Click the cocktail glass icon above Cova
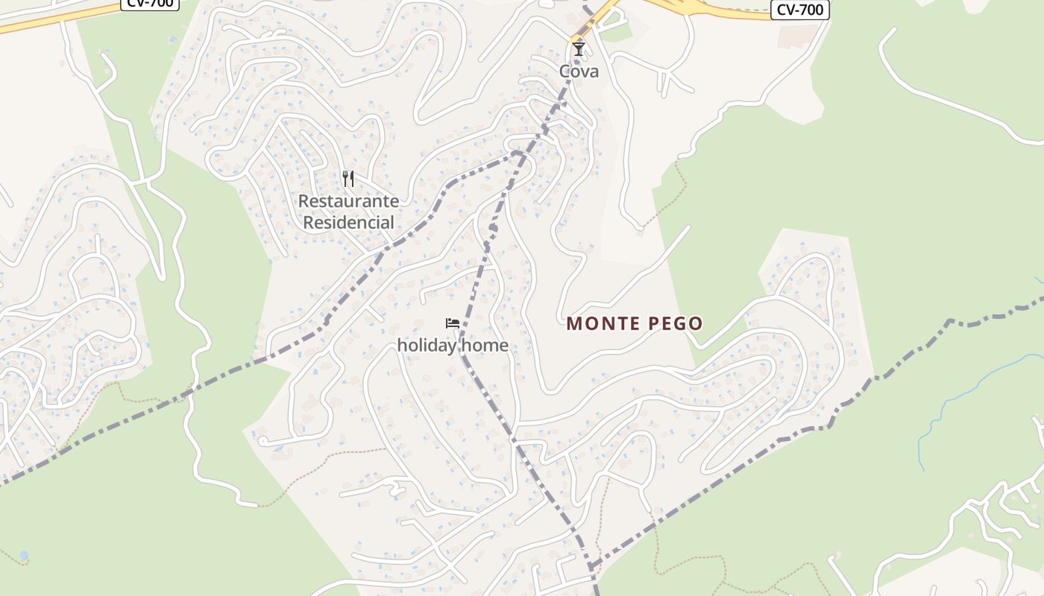coord(579,49)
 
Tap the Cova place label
coord(579,72)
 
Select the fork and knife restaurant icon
coord(348,179)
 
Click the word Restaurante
coord(348,201)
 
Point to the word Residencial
coord(348,222)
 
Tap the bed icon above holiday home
coord(453,323)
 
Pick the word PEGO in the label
coord(676,323)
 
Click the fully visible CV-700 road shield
coord(799,10)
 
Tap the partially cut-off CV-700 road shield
coord(150,3)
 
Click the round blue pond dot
coord(24,555)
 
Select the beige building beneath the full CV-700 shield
coord(797,35)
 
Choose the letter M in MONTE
coord(573,323)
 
